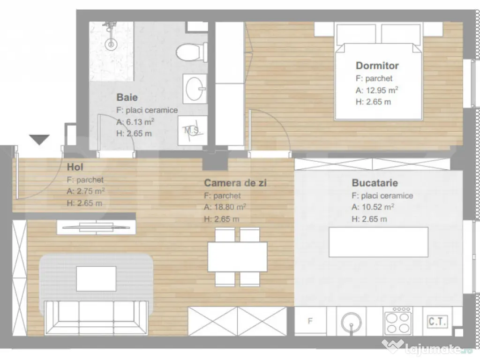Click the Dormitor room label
(x=377, y=66)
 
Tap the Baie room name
(x=127, y=97)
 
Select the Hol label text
(x=75, y=167)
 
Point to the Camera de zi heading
(x=235, y=183)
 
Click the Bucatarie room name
(x=375, y=183)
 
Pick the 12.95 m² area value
(x=382, y=90)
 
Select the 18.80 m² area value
(x=230, y=207)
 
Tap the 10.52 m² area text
(x=378, y=207)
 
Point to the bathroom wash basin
(x=195, y=89)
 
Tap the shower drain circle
(x=111, y=45)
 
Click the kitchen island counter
(x=378, y=242)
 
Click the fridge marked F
(x=310, y=320)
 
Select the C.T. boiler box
(x=437, y=322)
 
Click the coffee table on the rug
(x=96, y=278)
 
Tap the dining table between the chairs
(x=238, y=257)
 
